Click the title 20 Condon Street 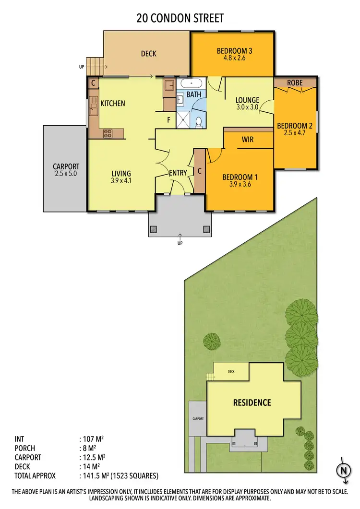(180, 18)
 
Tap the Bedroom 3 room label (234, 51)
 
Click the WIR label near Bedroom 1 (247, 140)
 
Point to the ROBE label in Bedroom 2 (295, 83)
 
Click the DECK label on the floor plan (148, 54)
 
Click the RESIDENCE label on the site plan (252, 402)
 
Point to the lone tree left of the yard (211, 341)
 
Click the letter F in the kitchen (168, 120)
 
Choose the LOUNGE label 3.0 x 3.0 (247, 104)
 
